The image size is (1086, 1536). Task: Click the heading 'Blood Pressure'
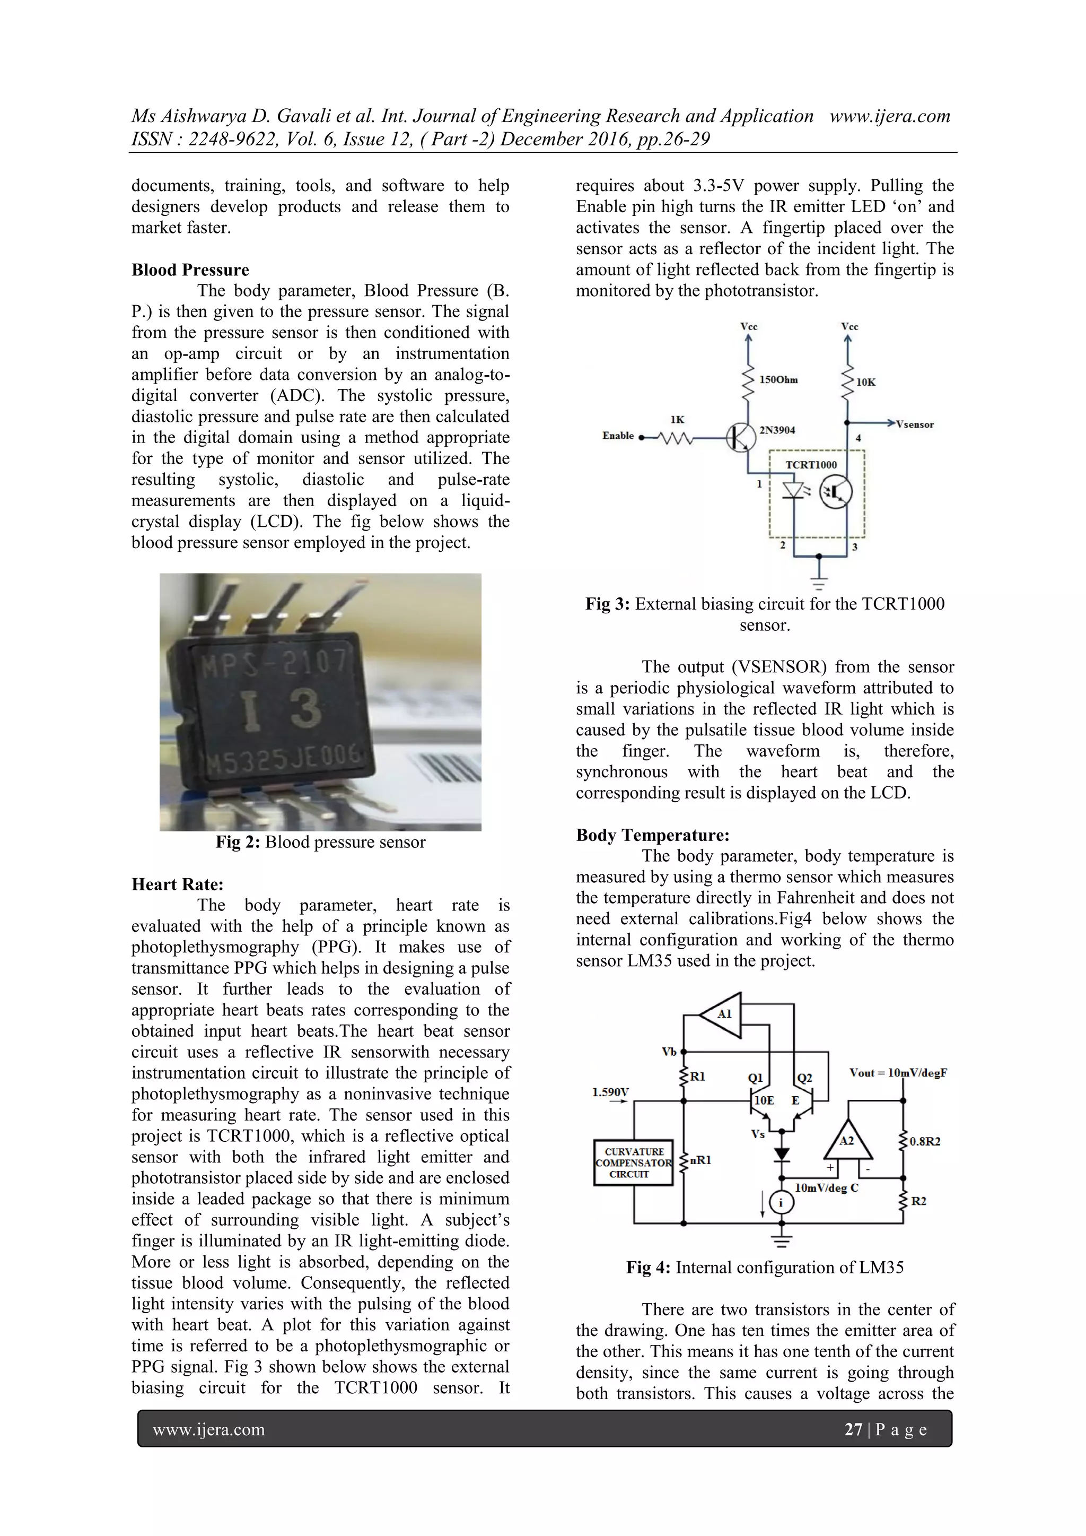click(x=190, y=270)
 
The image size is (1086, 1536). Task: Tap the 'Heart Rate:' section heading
click(x=177, y=884)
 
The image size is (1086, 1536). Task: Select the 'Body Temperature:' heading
click(x=652, y=835)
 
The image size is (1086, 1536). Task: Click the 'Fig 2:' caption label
click(x=238, y=841)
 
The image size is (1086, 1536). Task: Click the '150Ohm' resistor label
click(x=778, y=380)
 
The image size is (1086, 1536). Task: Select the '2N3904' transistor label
click(x=777, y=430)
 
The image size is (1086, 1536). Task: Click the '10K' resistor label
click(x=866, y=382)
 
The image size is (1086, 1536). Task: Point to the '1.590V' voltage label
click(x=610, y=1092)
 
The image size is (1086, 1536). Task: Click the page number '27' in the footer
click(x=853, y=1430)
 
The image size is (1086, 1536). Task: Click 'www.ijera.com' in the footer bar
click(x=208, y=1430)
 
